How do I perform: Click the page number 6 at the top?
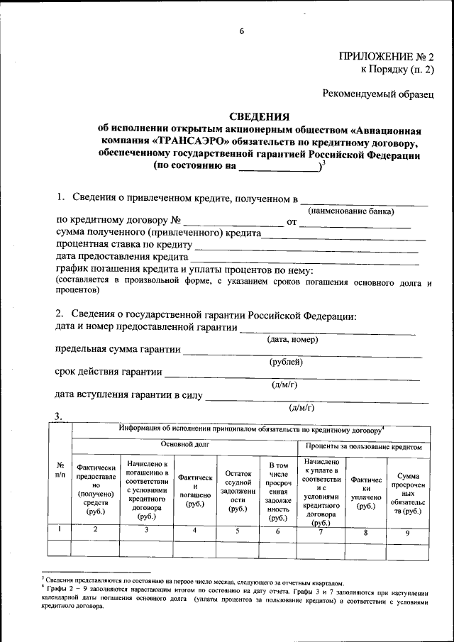pyautogui.click(x=241, y=32)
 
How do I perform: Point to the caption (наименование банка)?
pyautogui.click(x=350, y=211)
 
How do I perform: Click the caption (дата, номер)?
pyautogui.click(x=292, y=340)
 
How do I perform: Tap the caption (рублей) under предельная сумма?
pyautogui.click(x=287, y=362)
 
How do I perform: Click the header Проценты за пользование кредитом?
pyautogui.click(x=367, y=447)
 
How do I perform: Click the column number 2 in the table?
pyautogui.click(x=95, y=530)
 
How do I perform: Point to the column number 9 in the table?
pyautogui.click(x=407, y=531)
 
